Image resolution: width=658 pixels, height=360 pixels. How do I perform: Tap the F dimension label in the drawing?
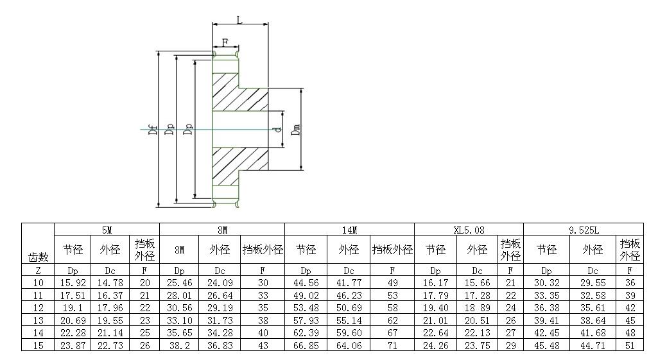click(x=225, y=42)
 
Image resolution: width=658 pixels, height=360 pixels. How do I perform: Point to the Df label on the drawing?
click(x=153, y=130)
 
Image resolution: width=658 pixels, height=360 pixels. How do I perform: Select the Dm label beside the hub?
click(x=296, y=130)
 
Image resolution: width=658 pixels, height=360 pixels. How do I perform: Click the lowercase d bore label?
click(x=276, y=130)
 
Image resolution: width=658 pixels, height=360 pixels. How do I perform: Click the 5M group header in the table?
click(x=107, y=229)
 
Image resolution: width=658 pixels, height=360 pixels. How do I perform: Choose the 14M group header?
click(x=349, y=229)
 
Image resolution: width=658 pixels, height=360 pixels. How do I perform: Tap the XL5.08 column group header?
click(x=469, y=229)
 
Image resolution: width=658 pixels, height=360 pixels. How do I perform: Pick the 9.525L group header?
click(x=583, y=229)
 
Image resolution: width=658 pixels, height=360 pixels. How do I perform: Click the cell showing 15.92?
click(x=73, y=282)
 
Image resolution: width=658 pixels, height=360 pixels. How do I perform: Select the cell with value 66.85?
click(x=306, y=345)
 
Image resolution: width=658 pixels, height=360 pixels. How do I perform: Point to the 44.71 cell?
click(x=592, y=345)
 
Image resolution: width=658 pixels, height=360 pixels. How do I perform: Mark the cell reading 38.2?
click(x=179, y=345)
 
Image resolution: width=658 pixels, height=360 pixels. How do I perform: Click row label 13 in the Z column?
click(x=39, y=320)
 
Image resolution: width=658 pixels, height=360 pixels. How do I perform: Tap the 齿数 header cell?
click(x=39, y=257)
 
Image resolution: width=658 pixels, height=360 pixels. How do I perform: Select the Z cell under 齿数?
click(x=39, y=271)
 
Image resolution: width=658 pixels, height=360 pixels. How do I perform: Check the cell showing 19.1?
click(x=73, y=307)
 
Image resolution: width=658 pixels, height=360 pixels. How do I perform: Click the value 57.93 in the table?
click(x=306, y=320)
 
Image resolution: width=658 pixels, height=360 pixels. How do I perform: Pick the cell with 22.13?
click(x=477, y=332)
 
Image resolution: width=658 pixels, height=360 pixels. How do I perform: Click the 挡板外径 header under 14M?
click(x=392, y=250)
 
